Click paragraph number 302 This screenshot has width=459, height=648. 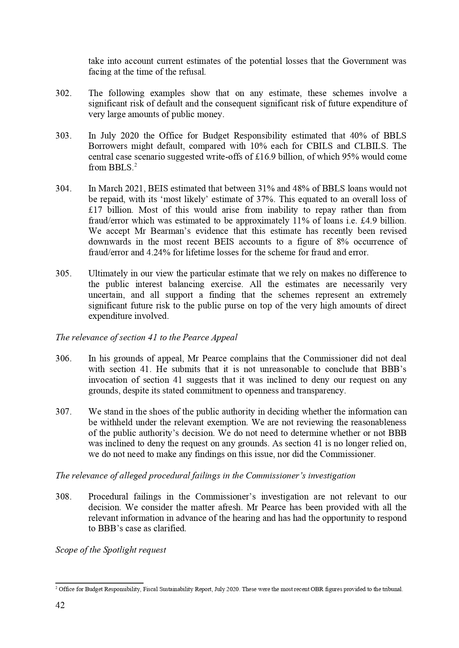pos(63,93)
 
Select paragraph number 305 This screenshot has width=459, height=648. pos(63,274)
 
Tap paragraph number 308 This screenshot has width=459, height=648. pos(63,497)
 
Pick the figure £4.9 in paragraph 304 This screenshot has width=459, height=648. pos(371,221)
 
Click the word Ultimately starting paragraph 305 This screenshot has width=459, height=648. pos(107,274)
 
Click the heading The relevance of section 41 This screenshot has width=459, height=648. pos(146,338)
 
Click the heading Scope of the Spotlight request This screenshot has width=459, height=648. pos(111,550)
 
